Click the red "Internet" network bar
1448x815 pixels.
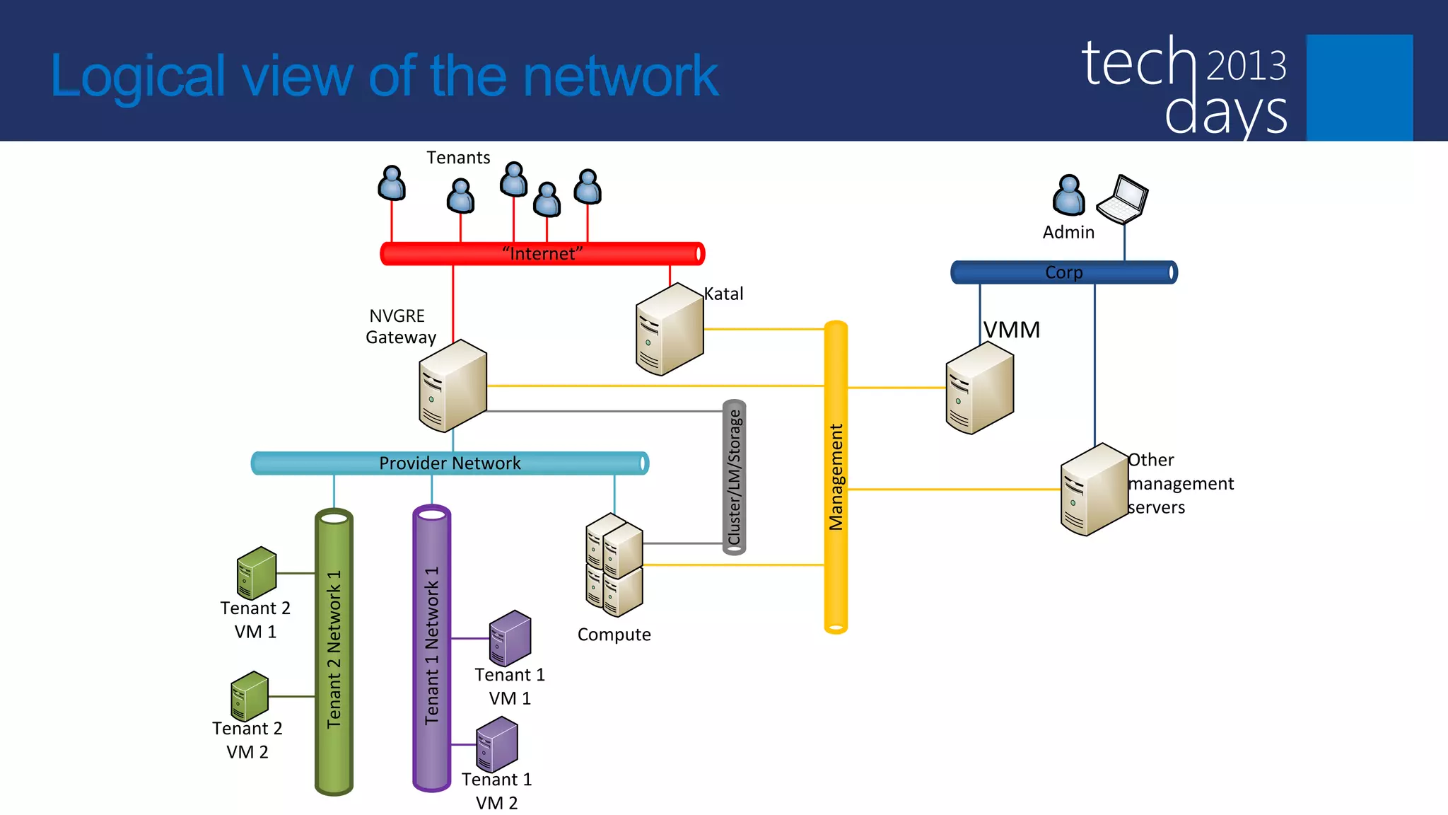[542, 253]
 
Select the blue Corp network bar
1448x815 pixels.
[1063, 272]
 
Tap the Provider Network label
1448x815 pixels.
[450, 463]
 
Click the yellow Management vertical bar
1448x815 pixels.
[836, 477]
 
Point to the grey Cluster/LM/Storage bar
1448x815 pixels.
[735, 478]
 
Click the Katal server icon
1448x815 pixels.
[669, 330]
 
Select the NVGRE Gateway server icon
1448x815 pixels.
[452, 386]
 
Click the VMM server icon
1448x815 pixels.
[979, 388]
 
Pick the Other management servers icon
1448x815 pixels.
[1094, 490]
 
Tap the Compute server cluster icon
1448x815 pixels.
[614, 565]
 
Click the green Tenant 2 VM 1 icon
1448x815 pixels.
[256, 573]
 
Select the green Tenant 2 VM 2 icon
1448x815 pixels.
[250, 696]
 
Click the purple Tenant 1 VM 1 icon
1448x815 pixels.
[510, 638]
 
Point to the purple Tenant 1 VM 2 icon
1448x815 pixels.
[496, 744]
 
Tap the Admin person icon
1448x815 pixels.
[1068, 195]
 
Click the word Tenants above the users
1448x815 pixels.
[458, 158]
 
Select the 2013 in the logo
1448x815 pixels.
[1246, 66]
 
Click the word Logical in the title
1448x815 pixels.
[138, 76]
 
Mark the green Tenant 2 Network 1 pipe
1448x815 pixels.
[334, 651]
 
